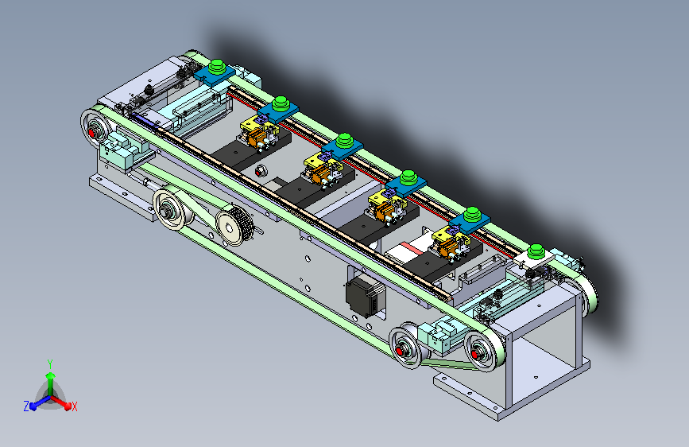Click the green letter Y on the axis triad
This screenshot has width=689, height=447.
click(x=50, y=363)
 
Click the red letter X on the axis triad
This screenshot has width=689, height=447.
click(x=74, y=407)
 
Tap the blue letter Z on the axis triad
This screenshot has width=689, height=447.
click(x=26, y=406)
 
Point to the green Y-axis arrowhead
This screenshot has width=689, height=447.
click(x=51, y=376)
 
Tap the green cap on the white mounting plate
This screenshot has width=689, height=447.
click(x=536, y=251)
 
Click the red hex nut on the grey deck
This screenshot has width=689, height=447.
click(x=261, y=171)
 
